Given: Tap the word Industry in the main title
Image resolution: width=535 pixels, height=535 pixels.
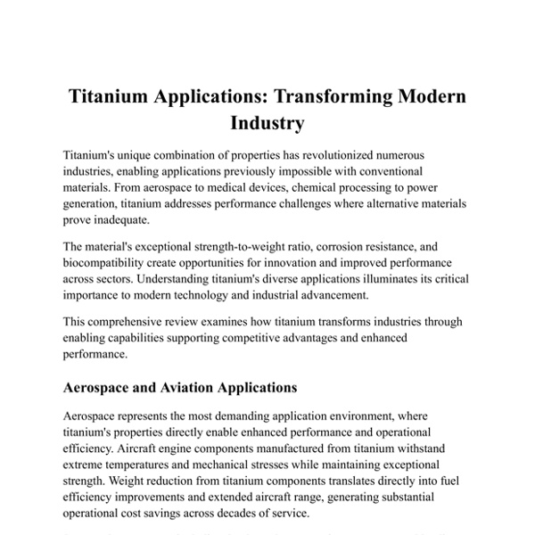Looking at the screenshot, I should click(267, 121).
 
